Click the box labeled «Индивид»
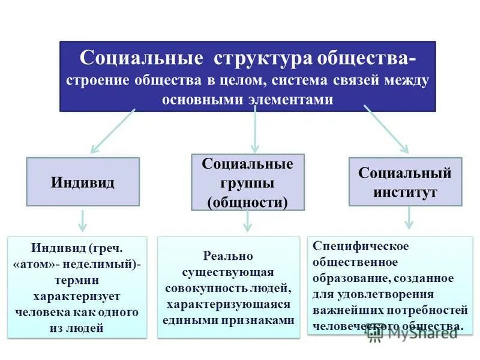83,182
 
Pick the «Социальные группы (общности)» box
247,182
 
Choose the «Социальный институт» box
406,182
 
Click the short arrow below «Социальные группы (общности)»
247,221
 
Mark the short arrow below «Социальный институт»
408,217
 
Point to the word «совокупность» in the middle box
201,288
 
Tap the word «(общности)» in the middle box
247,202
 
